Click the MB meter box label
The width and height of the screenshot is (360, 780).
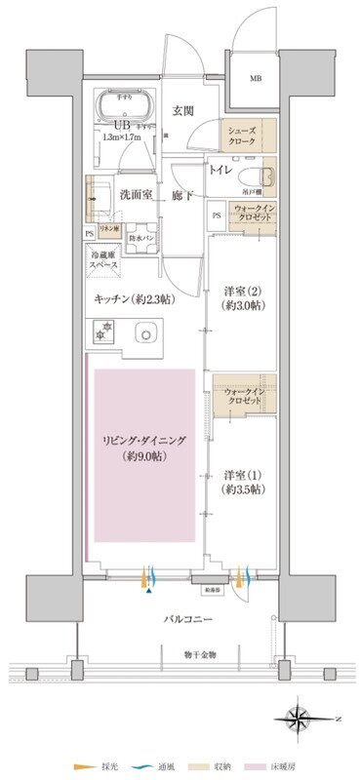coord(255,77)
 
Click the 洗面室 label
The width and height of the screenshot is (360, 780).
coord(138,194)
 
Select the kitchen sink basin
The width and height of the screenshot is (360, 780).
coord(146,333)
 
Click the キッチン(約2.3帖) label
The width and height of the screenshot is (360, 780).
coord(136,300)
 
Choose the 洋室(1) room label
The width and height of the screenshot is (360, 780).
coord(243,482)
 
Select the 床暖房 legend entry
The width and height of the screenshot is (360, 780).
coord(272,766)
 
